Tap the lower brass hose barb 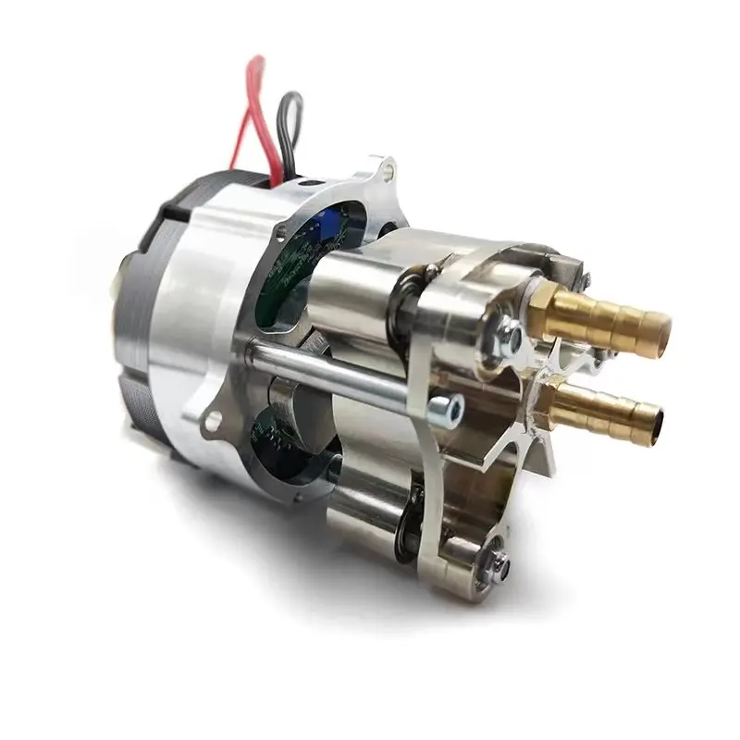(x=610, y=416)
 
